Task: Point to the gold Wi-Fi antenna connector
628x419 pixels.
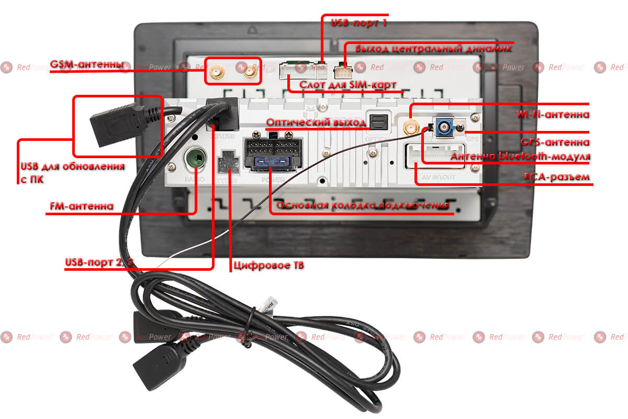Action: tap(410, 127)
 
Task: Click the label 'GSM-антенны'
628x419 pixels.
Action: tap(87, 64)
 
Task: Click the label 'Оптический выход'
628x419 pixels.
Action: tap(316, 123)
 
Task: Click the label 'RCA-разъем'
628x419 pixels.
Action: tap(557, 177)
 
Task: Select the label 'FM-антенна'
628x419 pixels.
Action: tap(81, 206)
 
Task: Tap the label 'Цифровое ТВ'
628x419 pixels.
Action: tap(270, 266)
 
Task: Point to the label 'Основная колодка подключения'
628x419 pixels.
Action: tap(362, 205)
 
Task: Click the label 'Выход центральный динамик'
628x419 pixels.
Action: tap(433, 49)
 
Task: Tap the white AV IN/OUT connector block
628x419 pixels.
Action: tap(433, 155)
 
